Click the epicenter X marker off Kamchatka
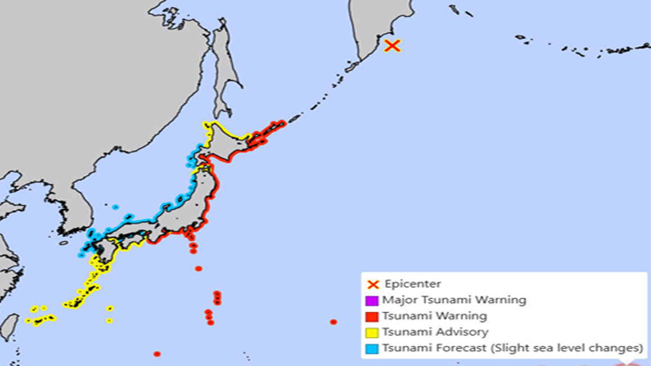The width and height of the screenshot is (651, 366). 393,46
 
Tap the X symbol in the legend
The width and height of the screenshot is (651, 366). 372,284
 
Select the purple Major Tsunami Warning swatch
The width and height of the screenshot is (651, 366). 372,301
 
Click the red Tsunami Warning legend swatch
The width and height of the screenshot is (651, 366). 372,316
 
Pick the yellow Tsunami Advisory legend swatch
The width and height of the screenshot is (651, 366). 372,332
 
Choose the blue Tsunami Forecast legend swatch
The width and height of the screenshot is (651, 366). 372,349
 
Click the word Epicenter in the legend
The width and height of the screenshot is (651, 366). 413,284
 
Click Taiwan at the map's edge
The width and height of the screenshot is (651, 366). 8,327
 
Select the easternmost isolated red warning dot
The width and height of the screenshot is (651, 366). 333,322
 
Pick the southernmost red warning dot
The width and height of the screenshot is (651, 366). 157,354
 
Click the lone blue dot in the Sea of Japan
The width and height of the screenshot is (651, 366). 115,207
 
